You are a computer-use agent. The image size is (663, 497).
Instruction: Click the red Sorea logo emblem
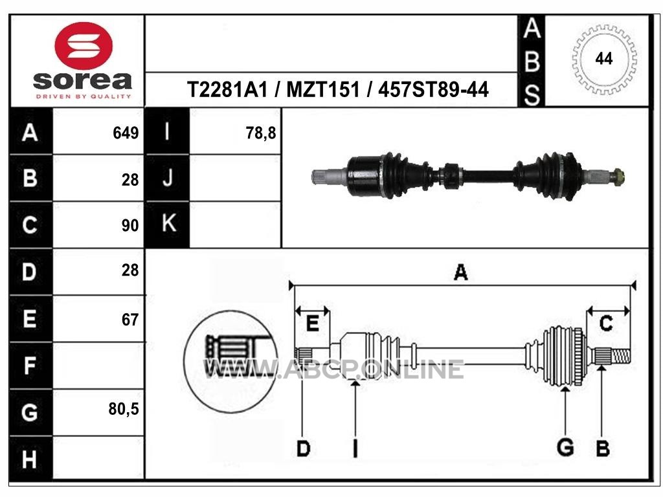pyautogui.click(x=84, y=46)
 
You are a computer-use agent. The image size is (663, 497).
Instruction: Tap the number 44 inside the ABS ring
pyautogui.click(x=603, y=58)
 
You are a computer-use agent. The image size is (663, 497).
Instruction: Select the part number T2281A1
pyautogui.click(x=227, y=89)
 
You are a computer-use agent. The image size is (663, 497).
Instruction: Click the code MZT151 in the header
pyautogui.click(x=322, y=89)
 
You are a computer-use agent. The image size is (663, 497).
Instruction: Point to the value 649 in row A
pyautogui.click(x=126, y=133)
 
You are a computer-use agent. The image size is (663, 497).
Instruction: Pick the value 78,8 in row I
pyautogui.click(x=260, y=133)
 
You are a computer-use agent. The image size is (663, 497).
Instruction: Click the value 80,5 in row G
pyautogui.click(x=124, y=409)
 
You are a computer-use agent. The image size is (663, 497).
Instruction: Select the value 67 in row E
pyautogui.click(x=129, y=320)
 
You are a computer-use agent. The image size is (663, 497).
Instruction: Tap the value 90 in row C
pyautogui.click(x=129, y=225)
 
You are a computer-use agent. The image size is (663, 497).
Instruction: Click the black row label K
pyautogui.click(x=169, y=223)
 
